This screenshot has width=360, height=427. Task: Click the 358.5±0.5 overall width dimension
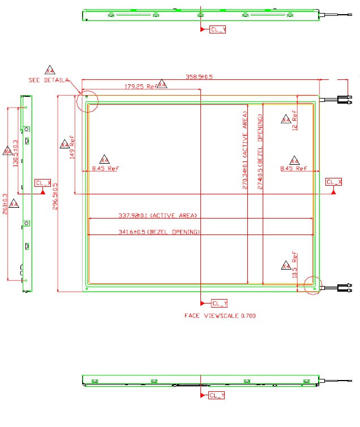199,77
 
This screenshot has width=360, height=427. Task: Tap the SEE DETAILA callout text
49,80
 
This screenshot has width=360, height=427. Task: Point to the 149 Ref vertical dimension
72,147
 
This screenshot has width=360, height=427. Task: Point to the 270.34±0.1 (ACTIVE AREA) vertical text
245,153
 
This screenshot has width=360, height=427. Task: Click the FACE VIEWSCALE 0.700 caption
220,316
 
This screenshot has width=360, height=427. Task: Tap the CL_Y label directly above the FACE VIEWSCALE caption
218,303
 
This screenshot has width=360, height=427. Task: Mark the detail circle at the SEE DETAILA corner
87,101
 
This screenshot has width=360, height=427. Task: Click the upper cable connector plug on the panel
344,100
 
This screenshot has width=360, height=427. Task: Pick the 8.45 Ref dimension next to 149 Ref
105,168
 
